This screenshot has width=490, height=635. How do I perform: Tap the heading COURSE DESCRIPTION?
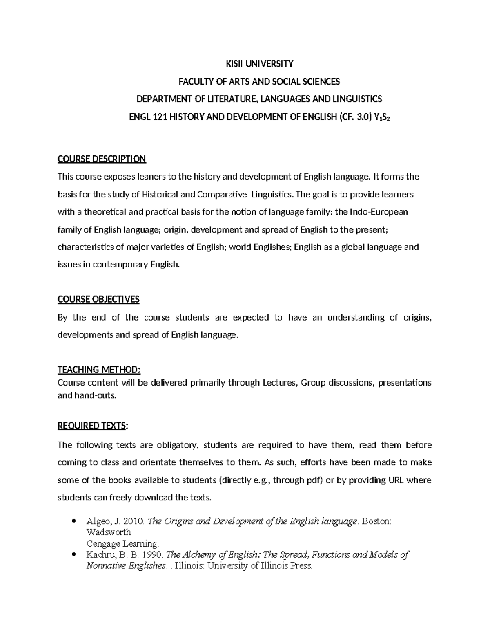[x=102, y=159]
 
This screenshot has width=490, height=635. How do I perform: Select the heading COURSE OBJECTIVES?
[x=98, y=299]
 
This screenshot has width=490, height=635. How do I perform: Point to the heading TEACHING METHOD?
[x=99, y=370]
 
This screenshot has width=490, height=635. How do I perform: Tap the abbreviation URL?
[x=393, y=480]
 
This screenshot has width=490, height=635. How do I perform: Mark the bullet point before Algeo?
[x=73, y=521]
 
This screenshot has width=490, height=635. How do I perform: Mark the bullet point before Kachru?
[x=73, y=555]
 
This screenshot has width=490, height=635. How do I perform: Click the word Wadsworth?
[x=109, y=532]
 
